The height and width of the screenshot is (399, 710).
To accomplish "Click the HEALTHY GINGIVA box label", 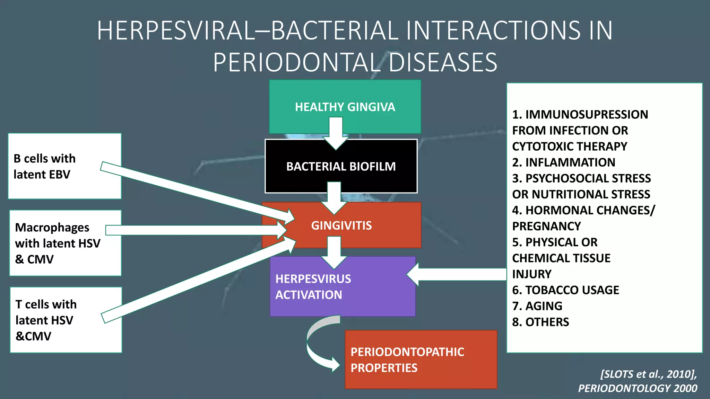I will [x=345, y=107].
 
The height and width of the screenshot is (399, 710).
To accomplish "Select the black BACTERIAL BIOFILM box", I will [x=341, y=167].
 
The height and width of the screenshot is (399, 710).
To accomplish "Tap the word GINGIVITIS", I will [x=341, y=225].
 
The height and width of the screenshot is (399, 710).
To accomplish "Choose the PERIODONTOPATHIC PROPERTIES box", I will [x=421, y=360].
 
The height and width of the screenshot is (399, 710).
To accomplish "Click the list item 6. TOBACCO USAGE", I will [x=565, y=290].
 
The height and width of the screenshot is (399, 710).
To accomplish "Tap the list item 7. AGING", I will [x=537, y=306].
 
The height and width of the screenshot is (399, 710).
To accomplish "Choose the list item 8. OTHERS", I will [x=540, y=322].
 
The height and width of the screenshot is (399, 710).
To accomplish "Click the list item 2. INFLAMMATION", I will [x=563, y=162].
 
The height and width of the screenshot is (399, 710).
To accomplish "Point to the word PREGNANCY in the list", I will [x=546, y=226].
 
